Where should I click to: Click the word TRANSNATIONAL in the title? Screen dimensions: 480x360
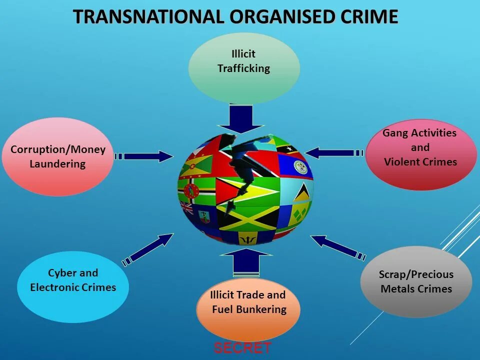[149, 17]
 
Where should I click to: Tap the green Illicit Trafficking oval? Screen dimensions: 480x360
[244, 67]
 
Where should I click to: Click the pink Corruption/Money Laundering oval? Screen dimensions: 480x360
[57, 156]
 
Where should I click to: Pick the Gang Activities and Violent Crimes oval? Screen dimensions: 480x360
[420, 154]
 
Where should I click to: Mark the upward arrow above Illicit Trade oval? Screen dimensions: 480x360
[245, 262]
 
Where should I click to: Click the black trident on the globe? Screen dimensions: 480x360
[246, 240]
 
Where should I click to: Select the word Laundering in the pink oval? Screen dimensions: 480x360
[57, 164]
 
